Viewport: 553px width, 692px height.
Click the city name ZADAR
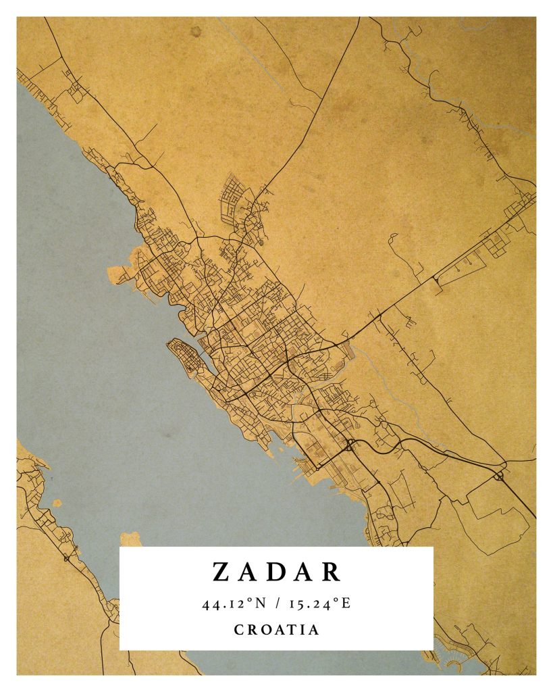pos(277,572)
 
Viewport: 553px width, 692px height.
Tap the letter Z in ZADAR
pos(221,572)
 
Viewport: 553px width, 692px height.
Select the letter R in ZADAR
pos(332,572)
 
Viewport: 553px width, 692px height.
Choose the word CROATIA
pos(277,630)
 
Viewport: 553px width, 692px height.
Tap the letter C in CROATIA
pos(239,630)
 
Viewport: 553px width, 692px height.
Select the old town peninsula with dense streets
pos(186,356)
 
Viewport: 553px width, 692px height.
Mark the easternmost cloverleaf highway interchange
pos(500,476)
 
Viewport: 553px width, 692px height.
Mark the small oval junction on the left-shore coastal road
pos(65,558)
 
